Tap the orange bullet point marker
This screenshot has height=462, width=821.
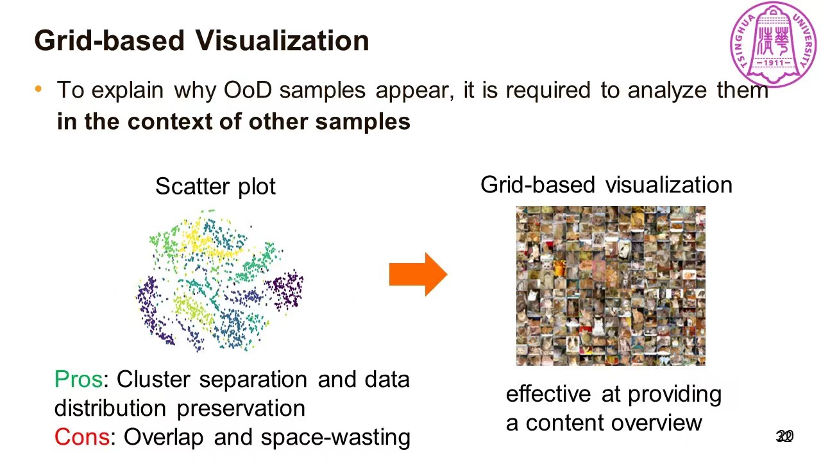tap(38, 89)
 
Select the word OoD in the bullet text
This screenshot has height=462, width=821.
tap(248, 90)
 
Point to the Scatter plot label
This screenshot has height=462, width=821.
tap(216, 187)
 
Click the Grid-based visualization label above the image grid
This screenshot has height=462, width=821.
tap(606, 185)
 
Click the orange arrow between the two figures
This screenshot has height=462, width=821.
tap(418, 275)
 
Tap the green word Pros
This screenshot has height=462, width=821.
tap(78, 379)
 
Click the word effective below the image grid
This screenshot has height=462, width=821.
tap(550, 393)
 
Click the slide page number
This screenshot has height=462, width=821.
tap(784, 437)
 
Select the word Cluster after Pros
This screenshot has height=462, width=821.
tap(155, 379)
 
